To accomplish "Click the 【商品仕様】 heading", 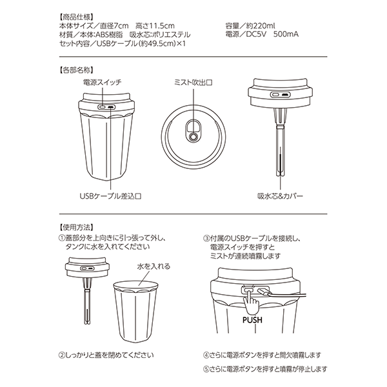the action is pyautogui.click(x=76, y=17).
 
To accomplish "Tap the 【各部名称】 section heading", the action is pyautogui.click(x=76, y=70).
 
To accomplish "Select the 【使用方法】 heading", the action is pyautogui.click(x=76, y=227).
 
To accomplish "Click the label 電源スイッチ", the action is pyautogui.click(x=102, y=82).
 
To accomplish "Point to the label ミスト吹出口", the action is pyautogui.click(x=193, y=83).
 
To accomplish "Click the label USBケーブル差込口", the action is pyautogui.click(x=110, y=196).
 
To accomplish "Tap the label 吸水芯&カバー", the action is pyautogui.click(x=280, y=196).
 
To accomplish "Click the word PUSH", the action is pyautogui.click(x=252, y=320).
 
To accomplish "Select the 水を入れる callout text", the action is pyautogui.click(x=154, y=266).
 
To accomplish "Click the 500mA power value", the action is pyautogui.click(x=286, y=34).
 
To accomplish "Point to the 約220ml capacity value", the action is pyautogui.click(x=261, y=26).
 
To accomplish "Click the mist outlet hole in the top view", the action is pyautogui.click(x=193, y=137).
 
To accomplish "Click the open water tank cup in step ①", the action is pyautogui.click(x=135, y=312).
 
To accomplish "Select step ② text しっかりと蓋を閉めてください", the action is pyautogui.click(x=106, y=355).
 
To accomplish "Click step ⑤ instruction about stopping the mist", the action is pyautogui.click(x=265, y=370).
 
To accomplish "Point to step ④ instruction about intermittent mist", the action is pyautogui.click(x=262, y=355).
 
